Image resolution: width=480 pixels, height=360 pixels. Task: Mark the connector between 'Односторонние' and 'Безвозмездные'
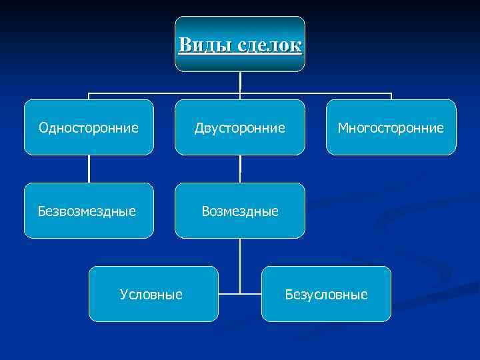89,169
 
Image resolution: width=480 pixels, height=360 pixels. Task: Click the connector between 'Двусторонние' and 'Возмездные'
240,169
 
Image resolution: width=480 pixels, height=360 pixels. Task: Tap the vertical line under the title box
240,81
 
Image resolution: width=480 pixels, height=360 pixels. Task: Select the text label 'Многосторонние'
391,127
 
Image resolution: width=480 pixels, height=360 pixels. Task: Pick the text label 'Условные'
151,294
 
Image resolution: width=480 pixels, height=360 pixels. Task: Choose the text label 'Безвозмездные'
87,211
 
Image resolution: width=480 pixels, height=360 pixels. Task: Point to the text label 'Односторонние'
89,127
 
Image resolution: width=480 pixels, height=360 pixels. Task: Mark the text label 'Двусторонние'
239,127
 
